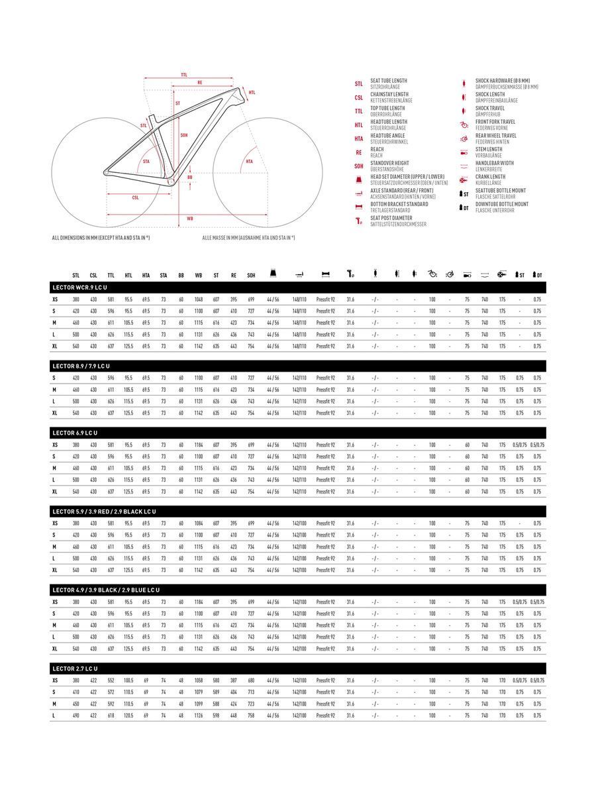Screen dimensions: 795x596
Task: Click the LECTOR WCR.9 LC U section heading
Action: pyautogui.click(x=79, y=288)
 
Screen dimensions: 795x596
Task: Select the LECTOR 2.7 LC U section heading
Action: pyautogui.click(x=74, y=668)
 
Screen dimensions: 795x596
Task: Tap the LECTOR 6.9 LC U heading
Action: pyautogui.click(x=74, y=433)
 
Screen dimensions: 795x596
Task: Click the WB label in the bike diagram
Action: pyautogui.click(x=190, y=218)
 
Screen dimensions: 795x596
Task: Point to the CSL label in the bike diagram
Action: pyautogui.click(x=135, y=197)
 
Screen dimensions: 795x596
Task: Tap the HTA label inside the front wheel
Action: pyautogui.click(x=249, y=161)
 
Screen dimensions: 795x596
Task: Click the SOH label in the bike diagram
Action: pyautogui.click(x=183, y=135)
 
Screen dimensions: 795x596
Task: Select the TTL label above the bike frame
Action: pyautogui.click(x=183, y=74)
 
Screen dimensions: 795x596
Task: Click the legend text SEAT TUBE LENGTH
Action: pyautogui.click(x=389, y=81)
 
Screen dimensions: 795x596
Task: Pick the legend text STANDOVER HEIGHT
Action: pyautogui.click(x=389, y=163)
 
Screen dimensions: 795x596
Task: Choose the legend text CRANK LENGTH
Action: pyautogui.click(x=490, y=177)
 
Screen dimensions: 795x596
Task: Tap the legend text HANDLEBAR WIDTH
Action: pyautogui.click(x=494, y=163)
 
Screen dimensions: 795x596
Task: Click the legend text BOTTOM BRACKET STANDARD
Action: pyautogui.click(x=399, y=204)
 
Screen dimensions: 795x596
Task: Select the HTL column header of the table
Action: pyautogui.click(x=128, y=275)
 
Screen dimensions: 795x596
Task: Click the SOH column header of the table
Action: pyautogui.click(x=251, y=275)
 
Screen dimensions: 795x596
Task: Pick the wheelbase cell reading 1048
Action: pyautogui.click(x=199, y=299)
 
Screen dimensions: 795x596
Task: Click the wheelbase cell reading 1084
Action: pyautogui.click(x=199, y=523)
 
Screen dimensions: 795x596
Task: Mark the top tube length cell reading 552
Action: pyautogui.click(x=111, y=680)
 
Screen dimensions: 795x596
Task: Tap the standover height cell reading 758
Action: pyautogui.click(x=251, y=715)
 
